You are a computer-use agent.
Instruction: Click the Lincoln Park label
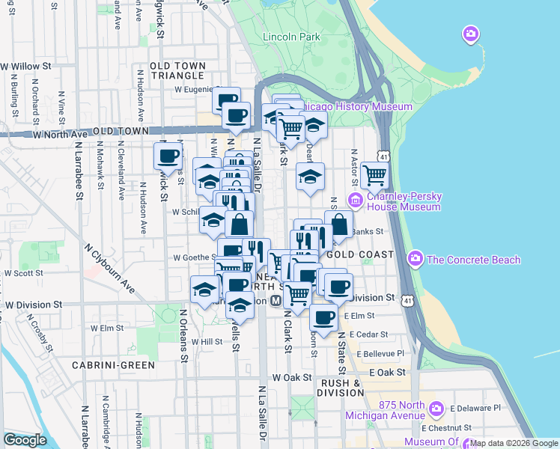[x=291, y=37]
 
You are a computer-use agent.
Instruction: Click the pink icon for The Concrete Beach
[x=415, y=259]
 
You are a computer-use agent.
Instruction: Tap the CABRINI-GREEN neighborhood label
[x=113, y=365]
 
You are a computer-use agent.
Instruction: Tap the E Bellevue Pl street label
[x=380, y=353]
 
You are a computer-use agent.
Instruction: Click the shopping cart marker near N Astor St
[x=374, y=175]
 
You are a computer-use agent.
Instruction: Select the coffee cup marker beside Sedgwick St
[x=168, y=156]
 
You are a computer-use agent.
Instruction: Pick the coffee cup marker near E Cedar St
[x=324, y=317]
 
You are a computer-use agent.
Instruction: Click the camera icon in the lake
[x=470, y=34]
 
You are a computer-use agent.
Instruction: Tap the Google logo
[x=25, y=440]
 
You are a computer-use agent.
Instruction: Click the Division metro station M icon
[x=276, y=300]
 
